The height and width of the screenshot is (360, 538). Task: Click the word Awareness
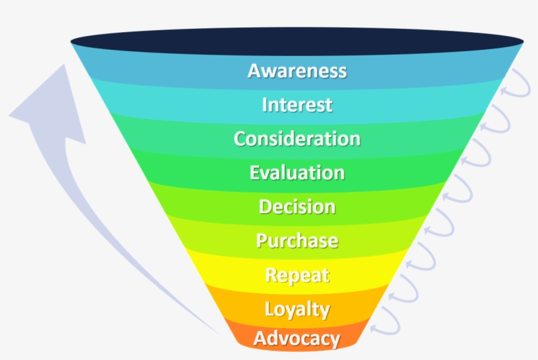pos(297,71)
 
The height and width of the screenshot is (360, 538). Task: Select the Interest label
pos(297,105)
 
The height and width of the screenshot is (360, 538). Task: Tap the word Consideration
pos(297,139)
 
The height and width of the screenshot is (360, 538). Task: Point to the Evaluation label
pos(297,173)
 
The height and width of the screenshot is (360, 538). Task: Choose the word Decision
pos(297,207)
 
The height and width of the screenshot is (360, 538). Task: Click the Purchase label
pos(297,241)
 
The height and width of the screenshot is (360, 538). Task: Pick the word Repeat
pos(297,275)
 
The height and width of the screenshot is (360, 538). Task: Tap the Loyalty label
pos(297,309)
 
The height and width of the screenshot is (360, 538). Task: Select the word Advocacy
pos(297,339)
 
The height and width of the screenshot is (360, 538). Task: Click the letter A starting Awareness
pos(255,71)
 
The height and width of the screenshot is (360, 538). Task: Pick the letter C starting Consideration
pos(241,139)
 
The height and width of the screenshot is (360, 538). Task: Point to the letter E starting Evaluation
pos(256,173)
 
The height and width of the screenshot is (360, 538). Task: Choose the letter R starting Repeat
pos(272,275)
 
